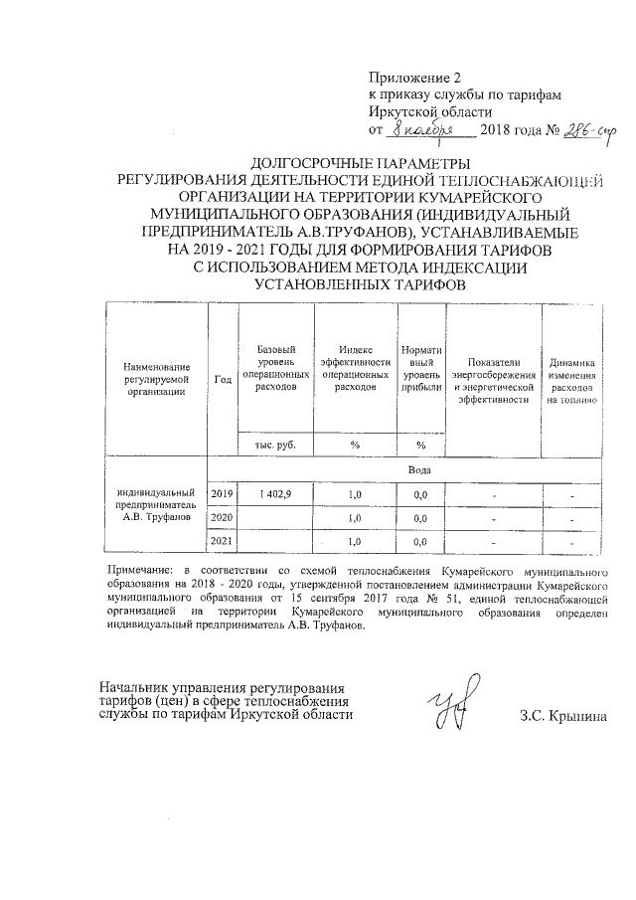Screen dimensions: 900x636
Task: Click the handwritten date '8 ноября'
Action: click(x=421, y=130)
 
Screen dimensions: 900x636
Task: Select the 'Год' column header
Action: click(x=223, y=380)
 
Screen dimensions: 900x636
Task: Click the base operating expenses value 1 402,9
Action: click(x=275, y=494)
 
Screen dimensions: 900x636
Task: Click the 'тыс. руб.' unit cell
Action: click(x=275, y=444)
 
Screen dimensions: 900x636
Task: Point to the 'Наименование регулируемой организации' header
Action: click(x=155, y=380)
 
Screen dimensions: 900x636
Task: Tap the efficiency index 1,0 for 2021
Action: click(x=354, y=541)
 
